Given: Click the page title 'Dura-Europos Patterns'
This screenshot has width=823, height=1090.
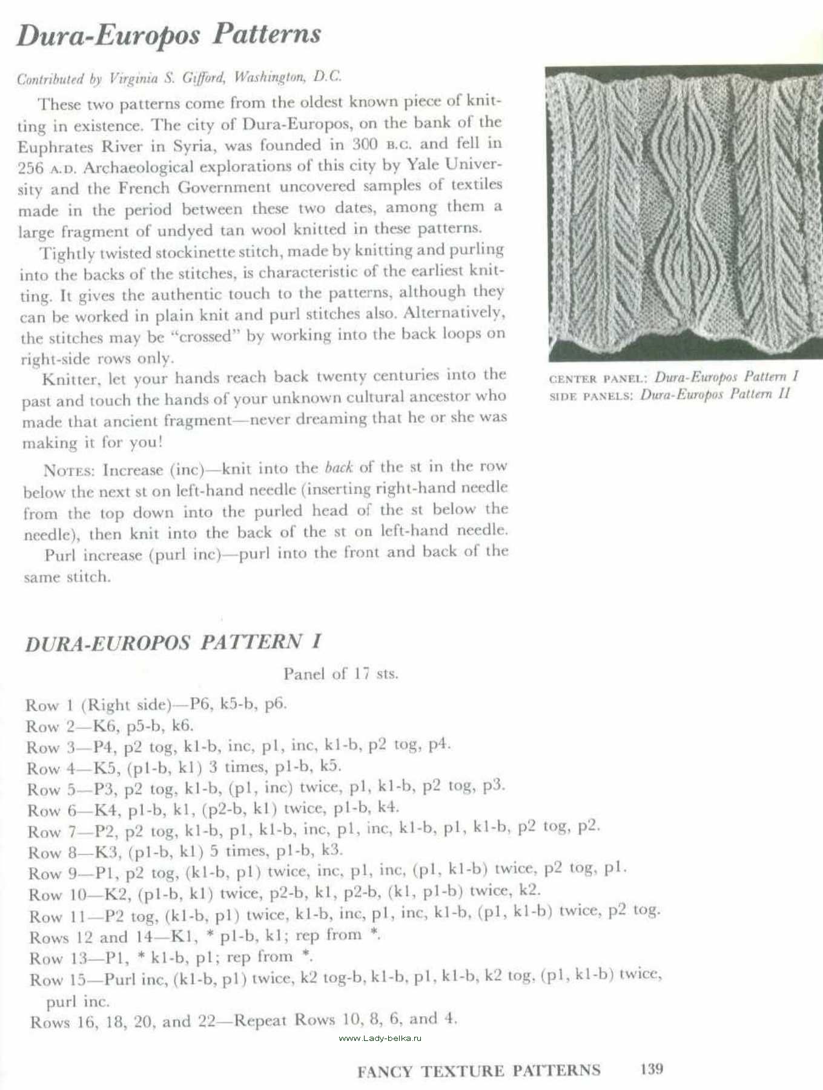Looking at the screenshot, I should (x=168, y=35).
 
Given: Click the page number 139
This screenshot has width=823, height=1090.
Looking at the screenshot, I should (x=651, y=1069).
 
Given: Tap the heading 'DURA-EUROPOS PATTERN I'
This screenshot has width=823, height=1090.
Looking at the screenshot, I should (x=173, y=642).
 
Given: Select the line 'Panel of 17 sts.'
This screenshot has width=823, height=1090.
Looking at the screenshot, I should (x=340, y=673).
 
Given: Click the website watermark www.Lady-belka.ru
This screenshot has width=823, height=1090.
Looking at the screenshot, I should (x=380, y=1039).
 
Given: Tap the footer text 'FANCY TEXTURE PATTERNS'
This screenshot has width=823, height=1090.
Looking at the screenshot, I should (x=478, y=1071).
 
